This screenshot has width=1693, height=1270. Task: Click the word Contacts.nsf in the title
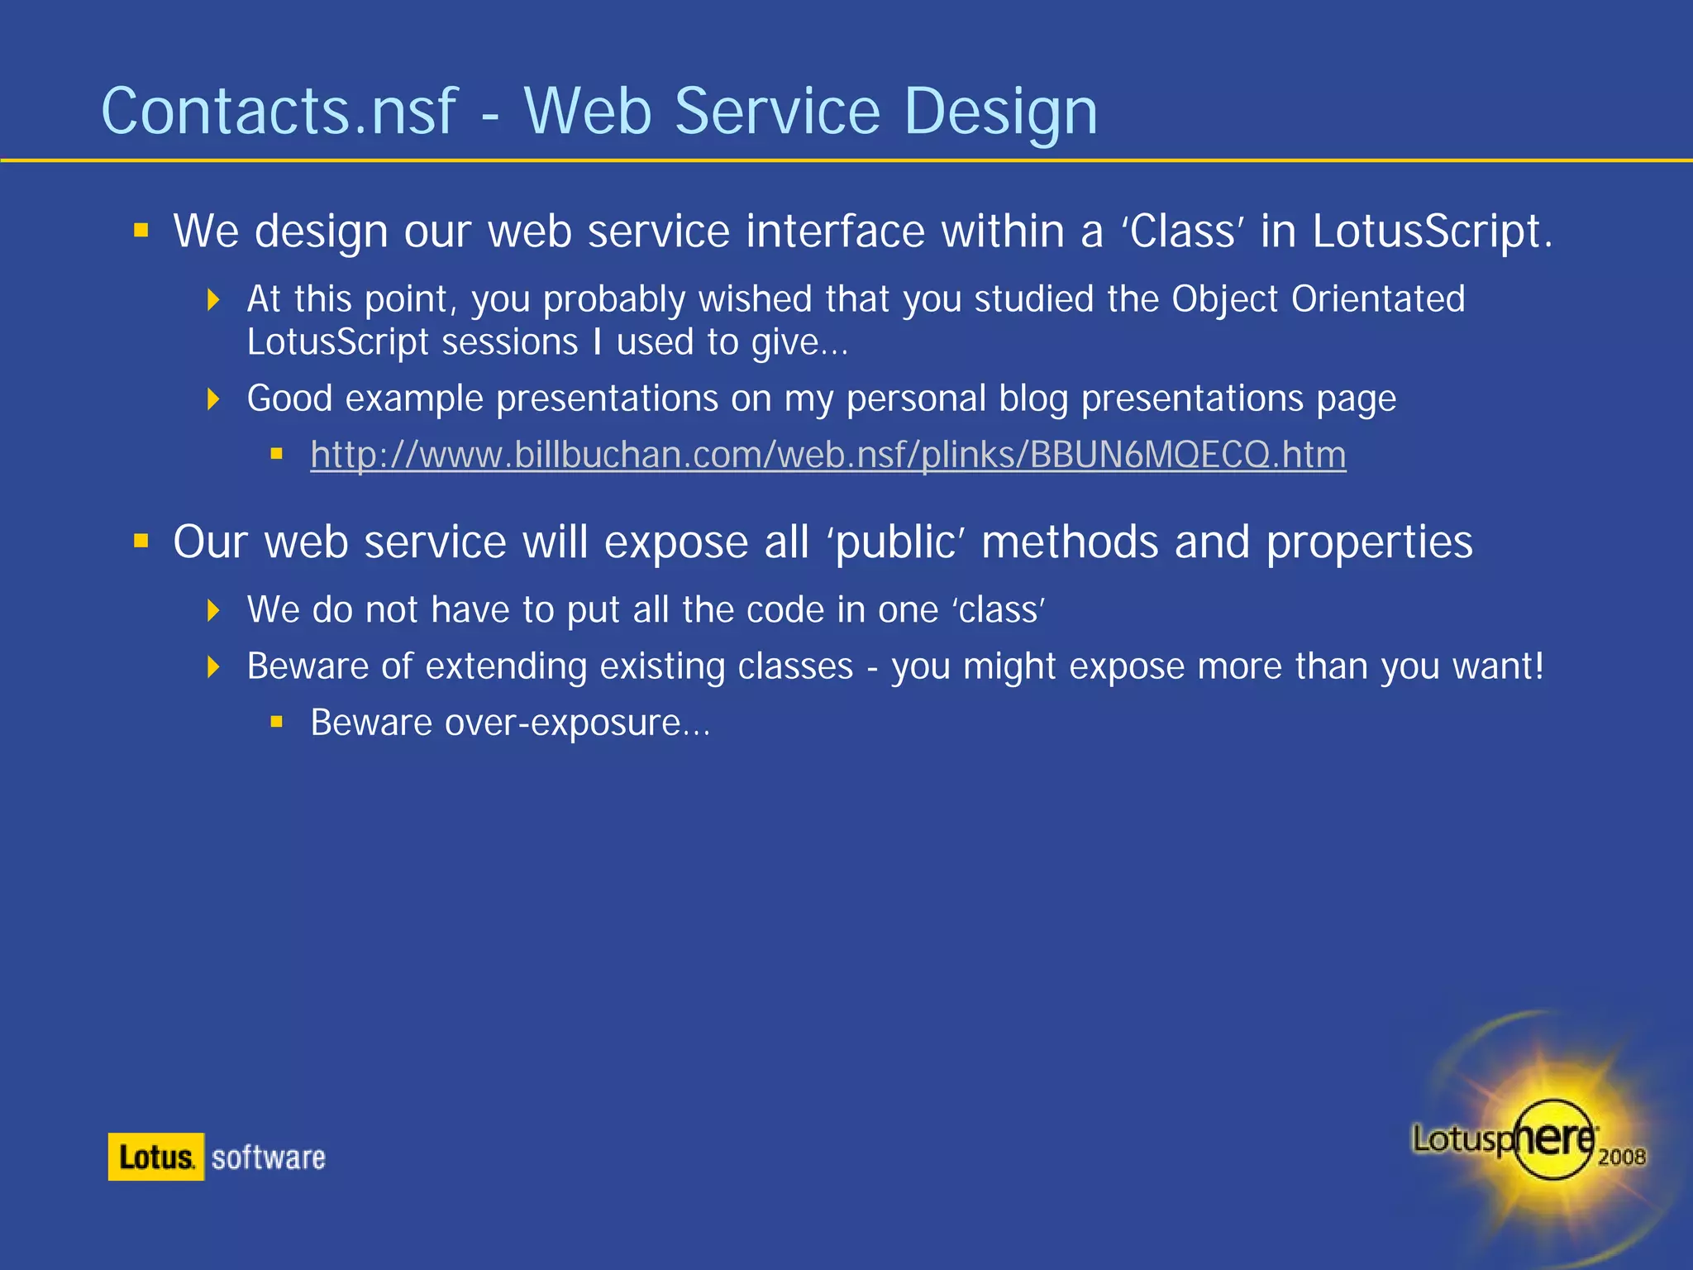pyautogui.click(x=279, y=112)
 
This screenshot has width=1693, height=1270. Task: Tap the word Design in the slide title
pyautogui.click(x=1000, y=113)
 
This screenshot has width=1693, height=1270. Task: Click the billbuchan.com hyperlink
pyautogui.click(x=827, y=455)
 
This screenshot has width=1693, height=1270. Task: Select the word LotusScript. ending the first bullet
pyautogui.click(x=1432, y=232)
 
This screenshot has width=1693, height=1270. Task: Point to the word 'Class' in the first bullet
pyautogui.click(x=1182, y=232)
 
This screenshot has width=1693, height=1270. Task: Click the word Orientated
pyautogui.click(x=1378, y=299)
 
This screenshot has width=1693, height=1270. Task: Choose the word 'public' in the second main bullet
pyautogui.click(x=896, y=543)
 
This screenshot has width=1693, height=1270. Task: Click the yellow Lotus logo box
pyautogui.click(x=156, y=1157)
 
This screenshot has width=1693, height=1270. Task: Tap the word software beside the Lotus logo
pyautogui.click(x=269, y=1158)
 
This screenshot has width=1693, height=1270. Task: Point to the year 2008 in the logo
pyautogui.click(x=1621, y=1157)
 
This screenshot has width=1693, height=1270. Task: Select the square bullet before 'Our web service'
pyautogui.click(x=141, y=542)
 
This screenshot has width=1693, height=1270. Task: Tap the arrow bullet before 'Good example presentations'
pyautogui.click(x=213, y=399)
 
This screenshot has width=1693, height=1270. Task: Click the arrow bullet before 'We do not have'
pyautogui.click(x=213, y=611)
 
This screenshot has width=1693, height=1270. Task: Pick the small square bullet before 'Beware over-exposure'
pyautogui.click(x=277, y=723)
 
